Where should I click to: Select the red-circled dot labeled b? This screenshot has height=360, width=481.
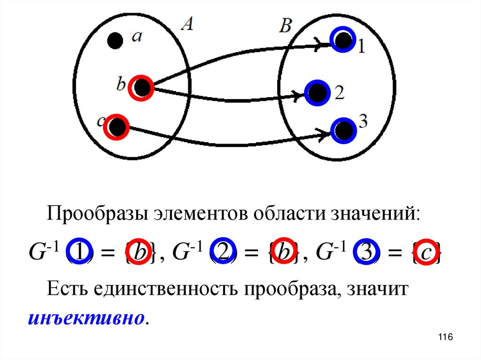(x=141, y=87)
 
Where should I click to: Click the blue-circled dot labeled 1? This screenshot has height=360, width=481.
(x=343, y=39)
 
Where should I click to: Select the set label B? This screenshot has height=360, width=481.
(x=285, y=26)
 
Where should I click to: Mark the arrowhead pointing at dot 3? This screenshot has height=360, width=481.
(x=324, y=135)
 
